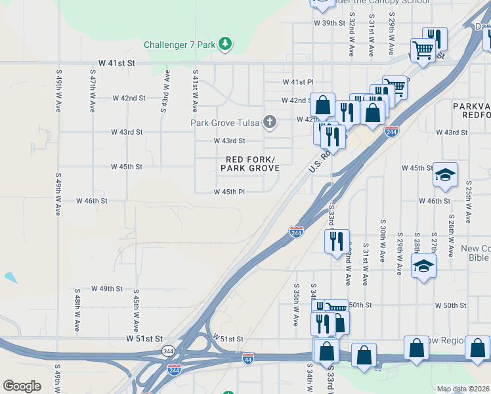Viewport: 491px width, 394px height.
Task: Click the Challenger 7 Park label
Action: [x=181, y=45]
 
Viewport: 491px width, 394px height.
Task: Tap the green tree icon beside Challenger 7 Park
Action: [x=226, y=44]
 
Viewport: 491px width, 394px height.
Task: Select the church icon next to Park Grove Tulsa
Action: [x=269, y=122]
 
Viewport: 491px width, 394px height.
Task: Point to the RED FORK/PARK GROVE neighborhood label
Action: [x=250, y=164]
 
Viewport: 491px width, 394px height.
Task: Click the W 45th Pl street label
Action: [x=229, y=192]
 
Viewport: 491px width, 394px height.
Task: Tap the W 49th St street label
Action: [x=107, y=288]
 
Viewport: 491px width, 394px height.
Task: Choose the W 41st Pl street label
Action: [x=299, y=82]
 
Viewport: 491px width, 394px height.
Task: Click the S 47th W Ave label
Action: [x=93, y=92]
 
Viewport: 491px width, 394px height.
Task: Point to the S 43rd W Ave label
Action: [x=163, y=92]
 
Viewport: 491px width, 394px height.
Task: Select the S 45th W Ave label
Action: [x=136, y=310]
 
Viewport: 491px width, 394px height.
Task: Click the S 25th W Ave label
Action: [x=468, y=203]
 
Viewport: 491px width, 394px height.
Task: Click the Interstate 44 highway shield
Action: [x=247, y=359]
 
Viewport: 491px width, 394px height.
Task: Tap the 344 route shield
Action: [x=168, y=351]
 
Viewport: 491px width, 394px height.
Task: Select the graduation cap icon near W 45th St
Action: [x=444, y=174]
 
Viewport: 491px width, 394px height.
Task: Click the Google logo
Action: [x=22, y=386]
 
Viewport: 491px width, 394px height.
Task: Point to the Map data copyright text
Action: [x=463, y=389]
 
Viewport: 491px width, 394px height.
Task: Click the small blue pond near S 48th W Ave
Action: [x=11, y=277]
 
